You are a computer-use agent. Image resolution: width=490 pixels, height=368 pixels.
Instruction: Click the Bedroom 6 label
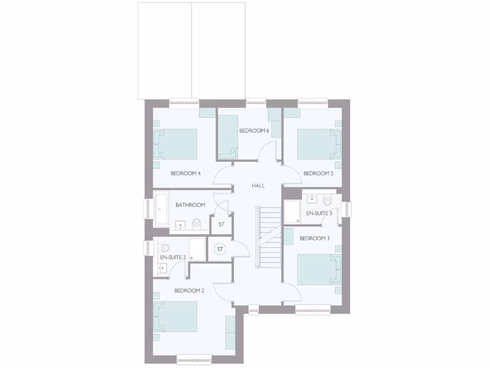pos(254,130)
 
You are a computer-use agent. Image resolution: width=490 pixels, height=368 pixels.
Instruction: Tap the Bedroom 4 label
pos(185,173)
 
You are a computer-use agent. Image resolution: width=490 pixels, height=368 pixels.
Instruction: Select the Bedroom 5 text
pos(318,173)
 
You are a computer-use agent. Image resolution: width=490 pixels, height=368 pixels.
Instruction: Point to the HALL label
pos(258,185)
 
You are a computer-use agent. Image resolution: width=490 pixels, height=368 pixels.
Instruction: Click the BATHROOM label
pos(190,205)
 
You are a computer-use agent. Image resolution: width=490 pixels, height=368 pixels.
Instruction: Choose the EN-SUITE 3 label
pos(319,213)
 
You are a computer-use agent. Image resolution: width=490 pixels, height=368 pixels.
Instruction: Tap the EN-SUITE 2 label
pos(172,257)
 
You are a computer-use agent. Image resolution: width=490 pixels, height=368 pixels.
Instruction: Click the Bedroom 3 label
pos(315,238)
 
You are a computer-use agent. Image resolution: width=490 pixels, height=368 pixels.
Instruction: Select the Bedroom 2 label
pos(189,290)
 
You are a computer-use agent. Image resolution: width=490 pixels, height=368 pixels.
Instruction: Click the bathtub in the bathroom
pos(160,209)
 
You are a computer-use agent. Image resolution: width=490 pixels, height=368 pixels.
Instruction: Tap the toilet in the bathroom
pos(196,223)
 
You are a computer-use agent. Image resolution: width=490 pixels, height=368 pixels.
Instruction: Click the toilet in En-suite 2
pos(164,248)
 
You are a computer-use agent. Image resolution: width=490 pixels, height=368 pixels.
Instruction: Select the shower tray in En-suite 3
pos(291,212)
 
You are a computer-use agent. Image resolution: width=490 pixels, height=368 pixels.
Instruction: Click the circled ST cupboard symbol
pos(220,249)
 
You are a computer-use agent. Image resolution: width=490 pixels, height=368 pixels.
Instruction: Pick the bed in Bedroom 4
pos(176,144)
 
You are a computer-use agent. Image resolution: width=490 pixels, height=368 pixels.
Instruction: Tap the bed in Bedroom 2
pos(176,316)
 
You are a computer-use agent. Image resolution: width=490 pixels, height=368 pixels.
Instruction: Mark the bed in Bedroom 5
pos(318,144)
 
